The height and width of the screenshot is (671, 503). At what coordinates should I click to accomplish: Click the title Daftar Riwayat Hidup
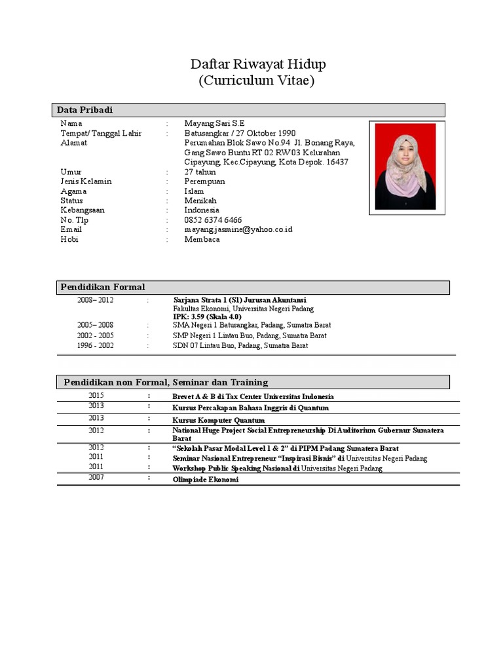coord(257,64)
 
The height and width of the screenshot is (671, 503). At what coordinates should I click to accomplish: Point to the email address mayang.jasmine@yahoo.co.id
coord(238,230)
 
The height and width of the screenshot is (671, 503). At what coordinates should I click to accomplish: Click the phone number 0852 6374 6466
coord(213,220)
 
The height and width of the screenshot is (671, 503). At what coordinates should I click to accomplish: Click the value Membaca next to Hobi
coord(202,239)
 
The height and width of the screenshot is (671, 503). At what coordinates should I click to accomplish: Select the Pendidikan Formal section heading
coord(103,287)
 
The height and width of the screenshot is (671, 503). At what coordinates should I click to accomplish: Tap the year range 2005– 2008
coord(95,325)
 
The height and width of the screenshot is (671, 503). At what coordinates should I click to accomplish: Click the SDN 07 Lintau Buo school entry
coord(240,345)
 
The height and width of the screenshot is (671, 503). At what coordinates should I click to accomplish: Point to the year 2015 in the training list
coord(96,396)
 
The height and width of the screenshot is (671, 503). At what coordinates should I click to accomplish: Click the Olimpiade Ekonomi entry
coord(205,480)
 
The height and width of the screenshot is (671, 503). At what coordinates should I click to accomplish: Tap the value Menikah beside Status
coord(200,201)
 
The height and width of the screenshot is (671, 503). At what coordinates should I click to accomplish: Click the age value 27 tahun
coord(200,172)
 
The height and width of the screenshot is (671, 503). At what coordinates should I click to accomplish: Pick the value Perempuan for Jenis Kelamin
coord(204,182)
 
